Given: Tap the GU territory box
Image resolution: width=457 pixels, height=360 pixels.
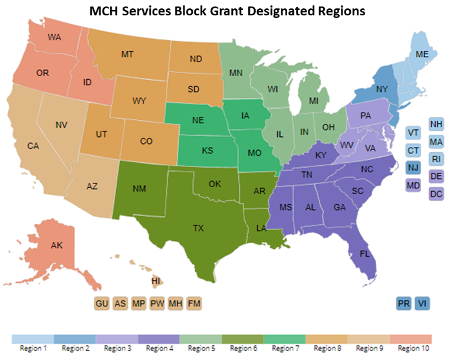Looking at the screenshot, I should tap(102, 303).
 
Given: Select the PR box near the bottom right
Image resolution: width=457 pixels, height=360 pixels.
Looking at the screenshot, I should tap(404, 303).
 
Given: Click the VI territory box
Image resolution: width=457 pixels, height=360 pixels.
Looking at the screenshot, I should tap(422, 303).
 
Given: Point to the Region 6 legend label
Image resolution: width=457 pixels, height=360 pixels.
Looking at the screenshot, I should tap(243, 348).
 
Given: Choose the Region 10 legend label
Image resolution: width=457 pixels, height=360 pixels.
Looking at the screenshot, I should tap(412, 348).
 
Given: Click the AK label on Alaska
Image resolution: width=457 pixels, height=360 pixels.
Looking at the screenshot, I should tap(57, 245).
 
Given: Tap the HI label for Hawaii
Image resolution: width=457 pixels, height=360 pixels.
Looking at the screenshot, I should tap(156, 282).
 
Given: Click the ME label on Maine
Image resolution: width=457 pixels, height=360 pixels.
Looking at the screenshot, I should tap(422, 54).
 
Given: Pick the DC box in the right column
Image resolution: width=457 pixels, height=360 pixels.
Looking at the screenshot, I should tap(436, 194).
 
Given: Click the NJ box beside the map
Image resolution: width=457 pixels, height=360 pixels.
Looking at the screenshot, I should tap(414, 168).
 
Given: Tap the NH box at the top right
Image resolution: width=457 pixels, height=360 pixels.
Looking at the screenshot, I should tap(436, 124).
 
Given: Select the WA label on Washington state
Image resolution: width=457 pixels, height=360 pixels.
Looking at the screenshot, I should tap(54, 37).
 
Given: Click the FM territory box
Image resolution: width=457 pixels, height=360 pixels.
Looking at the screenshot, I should tap(194, 303).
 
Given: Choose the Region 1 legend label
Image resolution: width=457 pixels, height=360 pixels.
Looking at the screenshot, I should tap(32, 348).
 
